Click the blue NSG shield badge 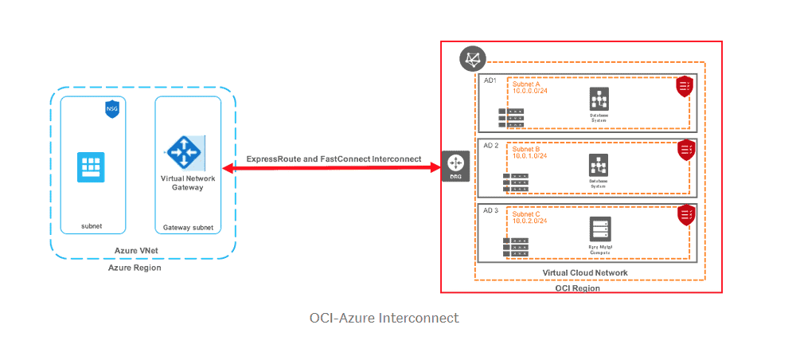tap(111, 109)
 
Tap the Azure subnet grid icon tap(91, 167)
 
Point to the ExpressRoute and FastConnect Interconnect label tap(334, 159)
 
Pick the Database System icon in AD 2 tap(599, 165)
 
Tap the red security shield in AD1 tap(685, 86)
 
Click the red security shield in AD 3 tap(685, 214)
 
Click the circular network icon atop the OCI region tap(472, 59)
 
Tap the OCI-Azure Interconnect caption tap(384, 318)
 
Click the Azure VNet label tap(135, 252)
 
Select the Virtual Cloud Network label tap(585, 272)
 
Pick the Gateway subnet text tap(188, 227)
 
